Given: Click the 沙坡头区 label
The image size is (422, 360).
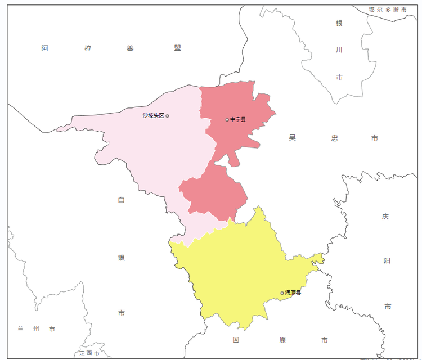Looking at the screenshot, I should click(x=153, y=115).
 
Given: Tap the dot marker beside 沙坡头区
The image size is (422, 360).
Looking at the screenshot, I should click(x=167, y=116).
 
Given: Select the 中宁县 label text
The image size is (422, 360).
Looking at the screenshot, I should click(x=238, y=119).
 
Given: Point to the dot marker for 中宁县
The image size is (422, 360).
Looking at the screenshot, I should click(x=227, y=119).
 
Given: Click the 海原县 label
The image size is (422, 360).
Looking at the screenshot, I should click(x=293, y=292).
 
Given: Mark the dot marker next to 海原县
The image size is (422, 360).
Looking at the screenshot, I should click(x=282, y=292).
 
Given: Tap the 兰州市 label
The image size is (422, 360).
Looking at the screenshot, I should click(x=36, y=329).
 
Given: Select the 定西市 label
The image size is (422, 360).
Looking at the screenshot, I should click(x=89, y=353).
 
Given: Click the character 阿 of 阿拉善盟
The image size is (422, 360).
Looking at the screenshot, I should click(x=45, y=48).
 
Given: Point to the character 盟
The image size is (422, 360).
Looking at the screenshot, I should click(x=178, y=48).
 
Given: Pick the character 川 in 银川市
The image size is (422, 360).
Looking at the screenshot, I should click(x=339, y=50).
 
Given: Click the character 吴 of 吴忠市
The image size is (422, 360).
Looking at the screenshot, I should click(x=292, y=138).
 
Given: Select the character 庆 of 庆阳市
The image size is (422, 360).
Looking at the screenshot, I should click(x=385, y=216).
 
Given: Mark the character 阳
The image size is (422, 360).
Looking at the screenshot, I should click(x=387, y=260).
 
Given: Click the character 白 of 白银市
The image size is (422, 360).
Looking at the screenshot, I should click(x=122, y=200).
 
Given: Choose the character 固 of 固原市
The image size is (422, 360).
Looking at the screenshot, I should click(x=236, y=340).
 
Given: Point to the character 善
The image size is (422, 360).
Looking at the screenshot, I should click(x=131, y=48).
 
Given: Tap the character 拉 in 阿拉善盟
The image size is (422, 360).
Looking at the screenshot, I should click(x=88, y=48).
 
